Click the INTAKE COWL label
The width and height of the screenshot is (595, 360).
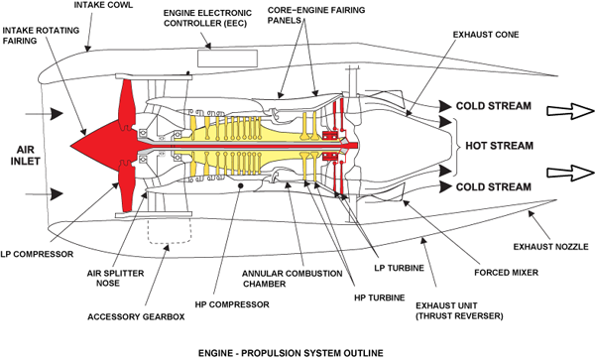(x=103, y=5)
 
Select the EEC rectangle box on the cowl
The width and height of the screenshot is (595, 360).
(x=228, y=59)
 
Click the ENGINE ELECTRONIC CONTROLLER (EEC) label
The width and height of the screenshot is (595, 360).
(x=207, y=18)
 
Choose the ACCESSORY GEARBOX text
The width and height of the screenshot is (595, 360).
(x=136, y=316)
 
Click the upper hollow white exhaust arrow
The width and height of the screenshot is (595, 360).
(x=570, y=111)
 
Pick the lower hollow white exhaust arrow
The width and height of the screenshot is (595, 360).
(x=570, y=173)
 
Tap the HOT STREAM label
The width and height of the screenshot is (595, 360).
(x=500, y=146)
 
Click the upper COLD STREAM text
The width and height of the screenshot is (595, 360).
(x=493, y=106)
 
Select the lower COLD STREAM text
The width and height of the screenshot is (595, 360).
(x=493, y=186)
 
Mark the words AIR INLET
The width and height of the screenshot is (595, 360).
(x=26, y=155)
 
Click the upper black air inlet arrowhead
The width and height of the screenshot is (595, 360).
(x=57, y=113)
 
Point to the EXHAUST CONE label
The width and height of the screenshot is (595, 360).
(x=486, y=35)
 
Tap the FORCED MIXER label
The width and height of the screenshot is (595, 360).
(x=506, y=273)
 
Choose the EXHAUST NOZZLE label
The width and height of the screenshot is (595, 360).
(x=551, y=247)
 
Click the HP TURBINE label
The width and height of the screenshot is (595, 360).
(x=380, y=298)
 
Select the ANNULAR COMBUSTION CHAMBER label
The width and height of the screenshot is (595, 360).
(x=292, y=279)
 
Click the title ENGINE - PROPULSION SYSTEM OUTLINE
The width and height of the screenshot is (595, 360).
(x=291, y=353)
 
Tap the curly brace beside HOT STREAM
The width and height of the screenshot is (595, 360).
(x=456, y=146)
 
